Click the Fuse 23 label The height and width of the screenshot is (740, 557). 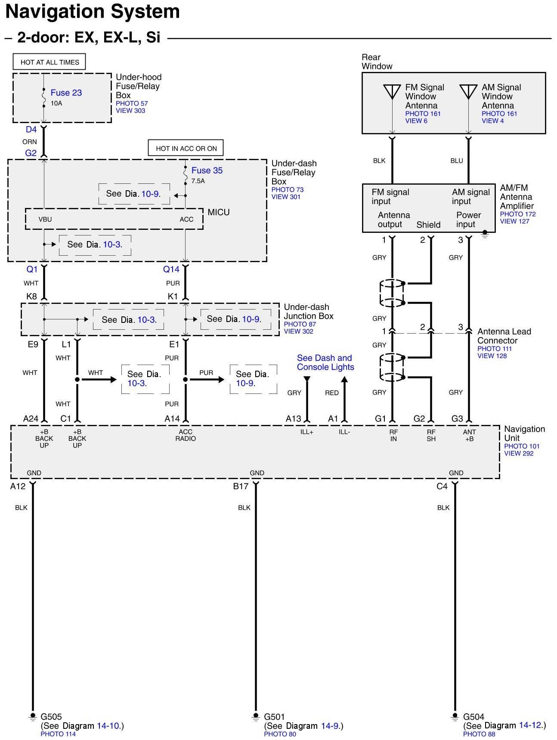coord(66,93)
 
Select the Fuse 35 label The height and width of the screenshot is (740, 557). coord(207,170)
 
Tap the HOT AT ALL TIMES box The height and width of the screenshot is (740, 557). coord(50,62)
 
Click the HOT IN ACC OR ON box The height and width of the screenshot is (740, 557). coord(186,149)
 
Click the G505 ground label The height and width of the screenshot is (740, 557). coord(51,717)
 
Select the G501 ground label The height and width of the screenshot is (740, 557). coord(274,717)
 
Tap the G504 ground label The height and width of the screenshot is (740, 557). coord(473,717)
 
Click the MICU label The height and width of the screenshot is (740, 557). coord(219,212)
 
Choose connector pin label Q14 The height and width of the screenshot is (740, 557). coord(171,269)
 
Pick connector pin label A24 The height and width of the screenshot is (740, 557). coord(31,418)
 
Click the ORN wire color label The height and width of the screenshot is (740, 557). coord(30,142)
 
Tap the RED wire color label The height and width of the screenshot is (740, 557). coord(331,393)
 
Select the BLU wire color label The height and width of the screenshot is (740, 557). coord(456,161)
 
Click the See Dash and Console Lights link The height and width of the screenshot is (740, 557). coord(325,362)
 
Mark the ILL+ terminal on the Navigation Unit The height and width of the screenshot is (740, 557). coord(306,432)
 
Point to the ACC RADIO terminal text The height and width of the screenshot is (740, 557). coord(186,435)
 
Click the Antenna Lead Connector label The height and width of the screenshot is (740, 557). coord(504,336)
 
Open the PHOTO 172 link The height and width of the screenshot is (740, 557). coord(517,214)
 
